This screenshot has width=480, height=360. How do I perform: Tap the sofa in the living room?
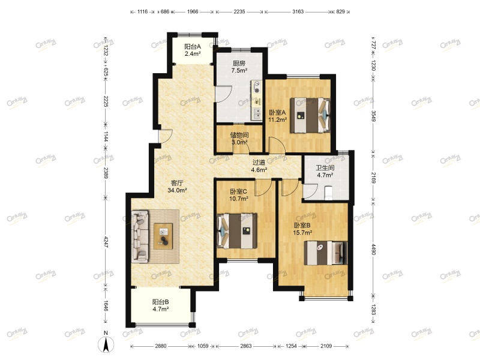tap(140, 236)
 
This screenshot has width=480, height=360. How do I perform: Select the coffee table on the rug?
tap(163, 236)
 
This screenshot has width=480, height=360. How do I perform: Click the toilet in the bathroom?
tap(328, 192)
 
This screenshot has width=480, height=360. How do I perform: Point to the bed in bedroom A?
tap(310, 115)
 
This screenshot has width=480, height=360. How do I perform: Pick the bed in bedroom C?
tap(236, 231)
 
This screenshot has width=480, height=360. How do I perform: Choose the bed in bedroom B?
tap(326, 253)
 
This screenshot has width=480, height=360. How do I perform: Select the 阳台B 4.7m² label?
tap(161, 305)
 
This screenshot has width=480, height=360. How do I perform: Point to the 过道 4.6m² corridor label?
tap(259, 166)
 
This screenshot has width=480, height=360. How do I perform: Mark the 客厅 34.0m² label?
tap(177, 187)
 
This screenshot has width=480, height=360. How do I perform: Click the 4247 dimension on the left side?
tap(106, 242)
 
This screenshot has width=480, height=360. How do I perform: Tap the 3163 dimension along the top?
tap(298, 11)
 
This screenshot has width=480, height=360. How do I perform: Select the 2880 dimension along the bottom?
tap(161, 346)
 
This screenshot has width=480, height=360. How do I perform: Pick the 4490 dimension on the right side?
tap(373, 248)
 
